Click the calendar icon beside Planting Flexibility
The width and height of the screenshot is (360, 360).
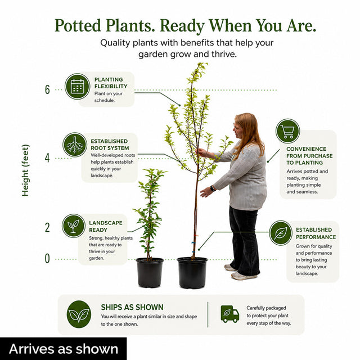(78, 87)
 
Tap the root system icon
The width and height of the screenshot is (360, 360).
(75, 145)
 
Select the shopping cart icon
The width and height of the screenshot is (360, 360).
(287, 131)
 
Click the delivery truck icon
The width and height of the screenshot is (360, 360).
(230, 314)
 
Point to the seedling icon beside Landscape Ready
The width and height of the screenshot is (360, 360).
(74, 226)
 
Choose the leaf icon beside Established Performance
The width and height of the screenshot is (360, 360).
(281, 233)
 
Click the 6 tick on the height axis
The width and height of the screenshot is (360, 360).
(47, 89)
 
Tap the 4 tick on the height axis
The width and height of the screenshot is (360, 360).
(47, 158)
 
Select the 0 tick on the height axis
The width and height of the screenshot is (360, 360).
(47, 259)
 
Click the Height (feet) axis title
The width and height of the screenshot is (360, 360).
(25, 170)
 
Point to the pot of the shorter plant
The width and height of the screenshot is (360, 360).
(150, 272)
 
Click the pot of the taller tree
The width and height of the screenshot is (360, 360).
(192, 273)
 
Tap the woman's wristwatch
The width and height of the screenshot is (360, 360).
(213, 189)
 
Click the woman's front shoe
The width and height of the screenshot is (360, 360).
(244, 276)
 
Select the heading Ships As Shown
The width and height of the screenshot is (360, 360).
(132, 307)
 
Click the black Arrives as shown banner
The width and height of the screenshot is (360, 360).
(63, 349)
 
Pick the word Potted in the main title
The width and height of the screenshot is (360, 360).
(78, 25)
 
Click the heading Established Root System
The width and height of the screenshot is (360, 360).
(110, 145)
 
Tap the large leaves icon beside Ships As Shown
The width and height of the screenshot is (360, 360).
(79, 314)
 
